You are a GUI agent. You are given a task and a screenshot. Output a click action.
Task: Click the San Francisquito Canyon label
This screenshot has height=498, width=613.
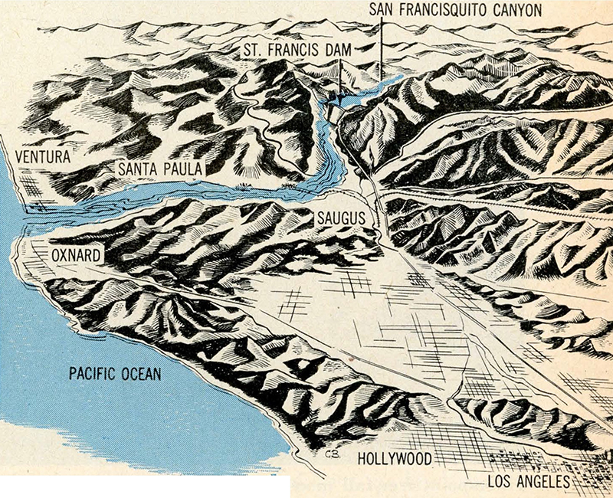[455, 10]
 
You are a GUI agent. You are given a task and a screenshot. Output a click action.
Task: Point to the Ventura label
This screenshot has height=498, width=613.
[41, 157]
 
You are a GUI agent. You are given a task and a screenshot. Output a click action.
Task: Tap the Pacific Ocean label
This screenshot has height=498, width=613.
[115, 374]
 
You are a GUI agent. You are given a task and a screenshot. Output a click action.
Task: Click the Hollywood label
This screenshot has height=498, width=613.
[394, 458]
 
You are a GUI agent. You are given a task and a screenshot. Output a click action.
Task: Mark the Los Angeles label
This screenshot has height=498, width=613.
[528, 482]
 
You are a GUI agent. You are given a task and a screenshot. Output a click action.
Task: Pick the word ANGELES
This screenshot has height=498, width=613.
[544, 482]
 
